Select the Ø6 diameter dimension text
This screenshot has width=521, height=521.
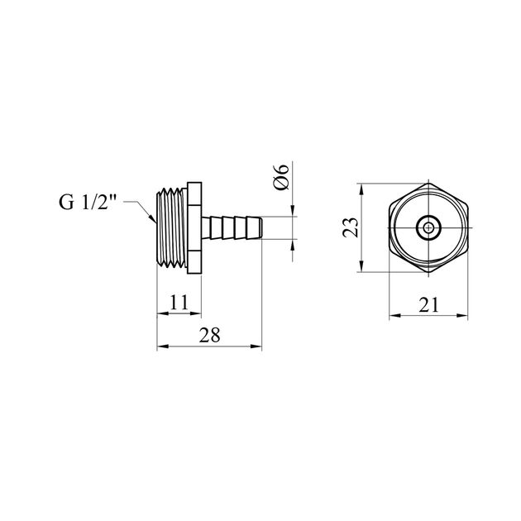[281, 177]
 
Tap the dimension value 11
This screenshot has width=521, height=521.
[179, 302]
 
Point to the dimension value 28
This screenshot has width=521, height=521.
[210, 335]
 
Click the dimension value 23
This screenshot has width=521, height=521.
[351, 227]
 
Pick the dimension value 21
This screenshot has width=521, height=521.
[428, 304]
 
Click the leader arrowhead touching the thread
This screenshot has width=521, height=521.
[152, 218]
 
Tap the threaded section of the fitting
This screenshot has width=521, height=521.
[171, 227]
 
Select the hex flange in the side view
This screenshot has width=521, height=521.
[194, 227]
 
